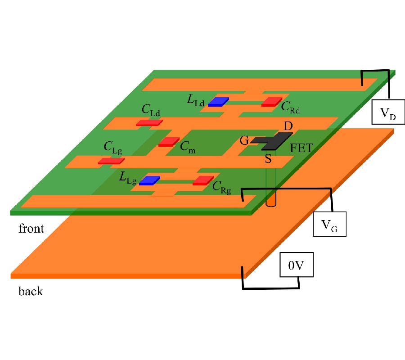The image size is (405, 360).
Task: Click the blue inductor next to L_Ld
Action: pos(218,102)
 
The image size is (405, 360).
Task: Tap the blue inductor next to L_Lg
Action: pos(149,181)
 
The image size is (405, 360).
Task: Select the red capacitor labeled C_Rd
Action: pos(271,102)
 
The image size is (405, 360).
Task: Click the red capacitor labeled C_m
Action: pos(169,142)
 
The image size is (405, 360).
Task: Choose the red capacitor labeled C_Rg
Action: pos(202,181)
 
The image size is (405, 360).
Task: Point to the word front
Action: pos(31,229)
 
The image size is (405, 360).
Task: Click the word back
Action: pos(31,291)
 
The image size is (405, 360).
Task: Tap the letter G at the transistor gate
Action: pos(244,140)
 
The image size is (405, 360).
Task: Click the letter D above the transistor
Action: pos(288,126)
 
